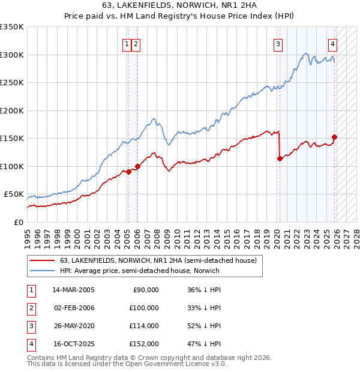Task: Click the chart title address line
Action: pos(179,5)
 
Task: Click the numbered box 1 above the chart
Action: pos(127,43)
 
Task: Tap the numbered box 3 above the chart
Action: pos(278,43)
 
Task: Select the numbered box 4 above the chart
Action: pos(332,43)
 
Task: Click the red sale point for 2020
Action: pos(280,158)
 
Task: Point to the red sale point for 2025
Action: pos(334,137)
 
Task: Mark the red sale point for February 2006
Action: pos(137,166)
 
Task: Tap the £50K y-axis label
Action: pos(14,194)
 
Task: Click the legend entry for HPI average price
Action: pos(139,271)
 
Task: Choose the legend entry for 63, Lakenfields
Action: pos(158,260)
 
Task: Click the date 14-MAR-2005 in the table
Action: pos(73,290)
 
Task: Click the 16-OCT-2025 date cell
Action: pos(73,344)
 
